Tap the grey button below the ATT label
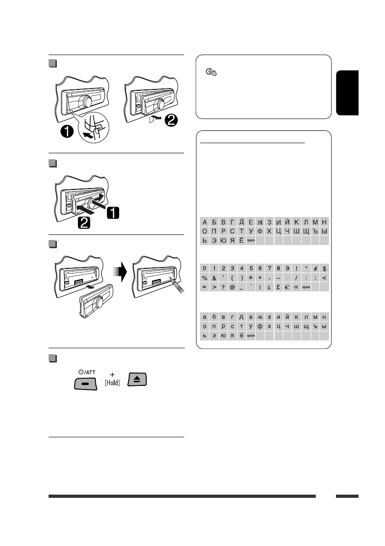tap(86, 382)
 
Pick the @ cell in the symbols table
tap(232, 287)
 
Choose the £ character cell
tap(278, 287)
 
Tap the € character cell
tap(287, 287)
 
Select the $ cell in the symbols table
tap(324, 268)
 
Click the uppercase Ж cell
tap(260, 222)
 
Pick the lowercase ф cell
tap(260, 326)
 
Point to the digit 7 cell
tap(269, 268)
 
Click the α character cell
tap(297, 287)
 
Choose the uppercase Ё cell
tap(242, 240)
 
